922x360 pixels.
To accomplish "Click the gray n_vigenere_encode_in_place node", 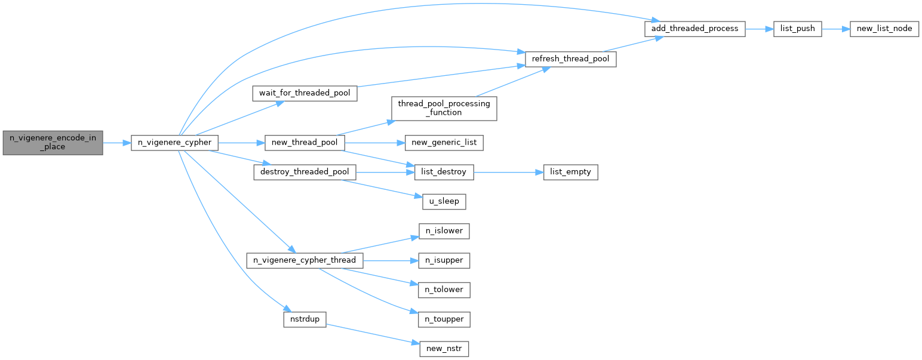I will (x=53, y=143).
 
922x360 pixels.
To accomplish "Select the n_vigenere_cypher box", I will (x=174, y=143).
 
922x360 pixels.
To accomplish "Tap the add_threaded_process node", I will (x=694, y=29).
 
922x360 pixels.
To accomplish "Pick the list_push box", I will (x=798, y=29).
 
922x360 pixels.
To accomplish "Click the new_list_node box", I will (x=884, y=29).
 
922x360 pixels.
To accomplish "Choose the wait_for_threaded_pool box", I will (x=305, y=94).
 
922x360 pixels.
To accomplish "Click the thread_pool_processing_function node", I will (x=444, y=108).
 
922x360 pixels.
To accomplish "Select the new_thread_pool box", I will (x=305, y=143).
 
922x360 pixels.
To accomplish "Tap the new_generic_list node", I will (x=444, y=143).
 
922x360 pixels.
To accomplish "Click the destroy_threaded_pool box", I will (x=305, y=172).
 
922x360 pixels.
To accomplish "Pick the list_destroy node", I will (x=444, y=172).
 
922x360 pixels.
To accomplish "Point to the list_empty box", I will (x=570, y=172).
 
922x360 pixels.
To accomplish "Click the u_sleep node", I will (x=444, y=201).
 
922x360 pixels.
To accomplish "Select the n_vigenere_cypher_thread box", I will (x=305, y=260).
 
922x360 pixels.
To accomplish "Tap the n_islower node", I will (x=444, y=230).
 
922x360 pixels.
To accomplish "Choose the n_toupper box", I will (x=444, y=319).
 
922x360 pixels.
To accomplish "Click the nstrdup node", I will (x=305, y=319).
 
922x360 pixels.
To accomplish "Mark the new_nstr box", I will (x=444, y=349).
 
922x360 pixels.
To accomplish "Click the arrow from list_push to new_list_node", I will (x=835, y=29).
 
